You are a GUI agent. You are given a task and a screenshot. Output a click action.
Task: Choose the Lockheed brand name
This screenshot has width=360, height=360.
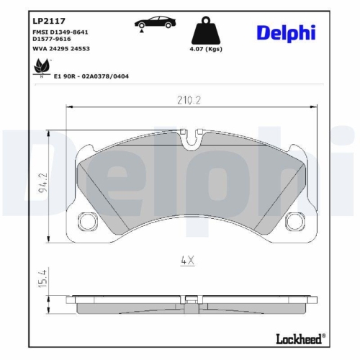click(298, 338)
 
